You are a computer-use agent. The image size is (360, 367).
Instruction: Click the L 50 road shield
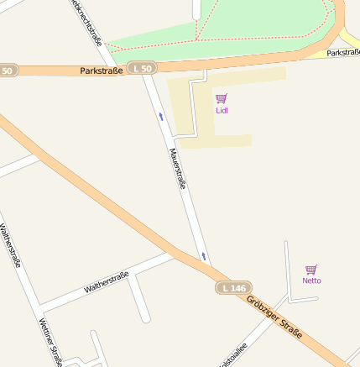(x=142, y=68)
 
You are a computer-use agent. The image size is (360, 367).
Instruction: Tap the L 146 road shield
(x=233, y=288)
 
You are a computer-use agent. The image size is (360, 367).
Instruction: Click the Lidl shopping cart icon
(x=222, y=98)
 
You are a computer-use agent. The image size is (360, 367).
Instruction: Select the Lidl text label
(x=222, y=110)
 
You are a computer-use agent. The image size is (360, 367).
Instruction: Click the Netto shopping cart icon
(x=311, y=270)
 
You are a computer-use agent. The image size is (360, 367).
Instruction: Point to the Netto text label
(x=311, y=280)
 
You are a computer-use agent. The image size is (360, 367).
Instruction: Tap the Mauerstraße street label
(x=177, y=169)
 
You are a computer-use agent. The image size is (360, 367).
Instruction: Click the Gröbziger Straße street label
(x=274, y=318)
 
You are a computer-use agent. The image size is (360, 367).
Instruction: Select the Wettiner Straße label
(x=51, y=343)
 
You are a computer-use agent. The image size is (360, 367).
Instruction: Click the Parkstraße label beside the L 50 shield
(x=102, y=71)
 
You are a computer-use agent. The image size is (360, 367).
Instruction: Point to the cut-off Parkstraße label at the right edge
(x=343, y=52)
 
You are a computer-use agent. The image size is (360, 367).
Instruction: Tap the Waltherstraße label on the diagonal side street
(x=107, y=282)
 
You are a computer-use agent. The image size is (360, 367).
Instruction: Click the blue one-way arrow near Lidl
(x=161, y=117)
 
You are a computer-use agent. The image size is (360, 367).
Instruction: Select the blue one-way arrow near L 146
(x=203, y=254)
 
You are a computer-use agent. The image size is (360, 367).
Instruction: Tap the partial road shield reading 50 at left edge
(x=8, y=71)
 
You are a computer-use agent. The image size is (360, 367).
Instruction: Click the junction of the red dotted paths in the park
(x=198, y=37)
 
